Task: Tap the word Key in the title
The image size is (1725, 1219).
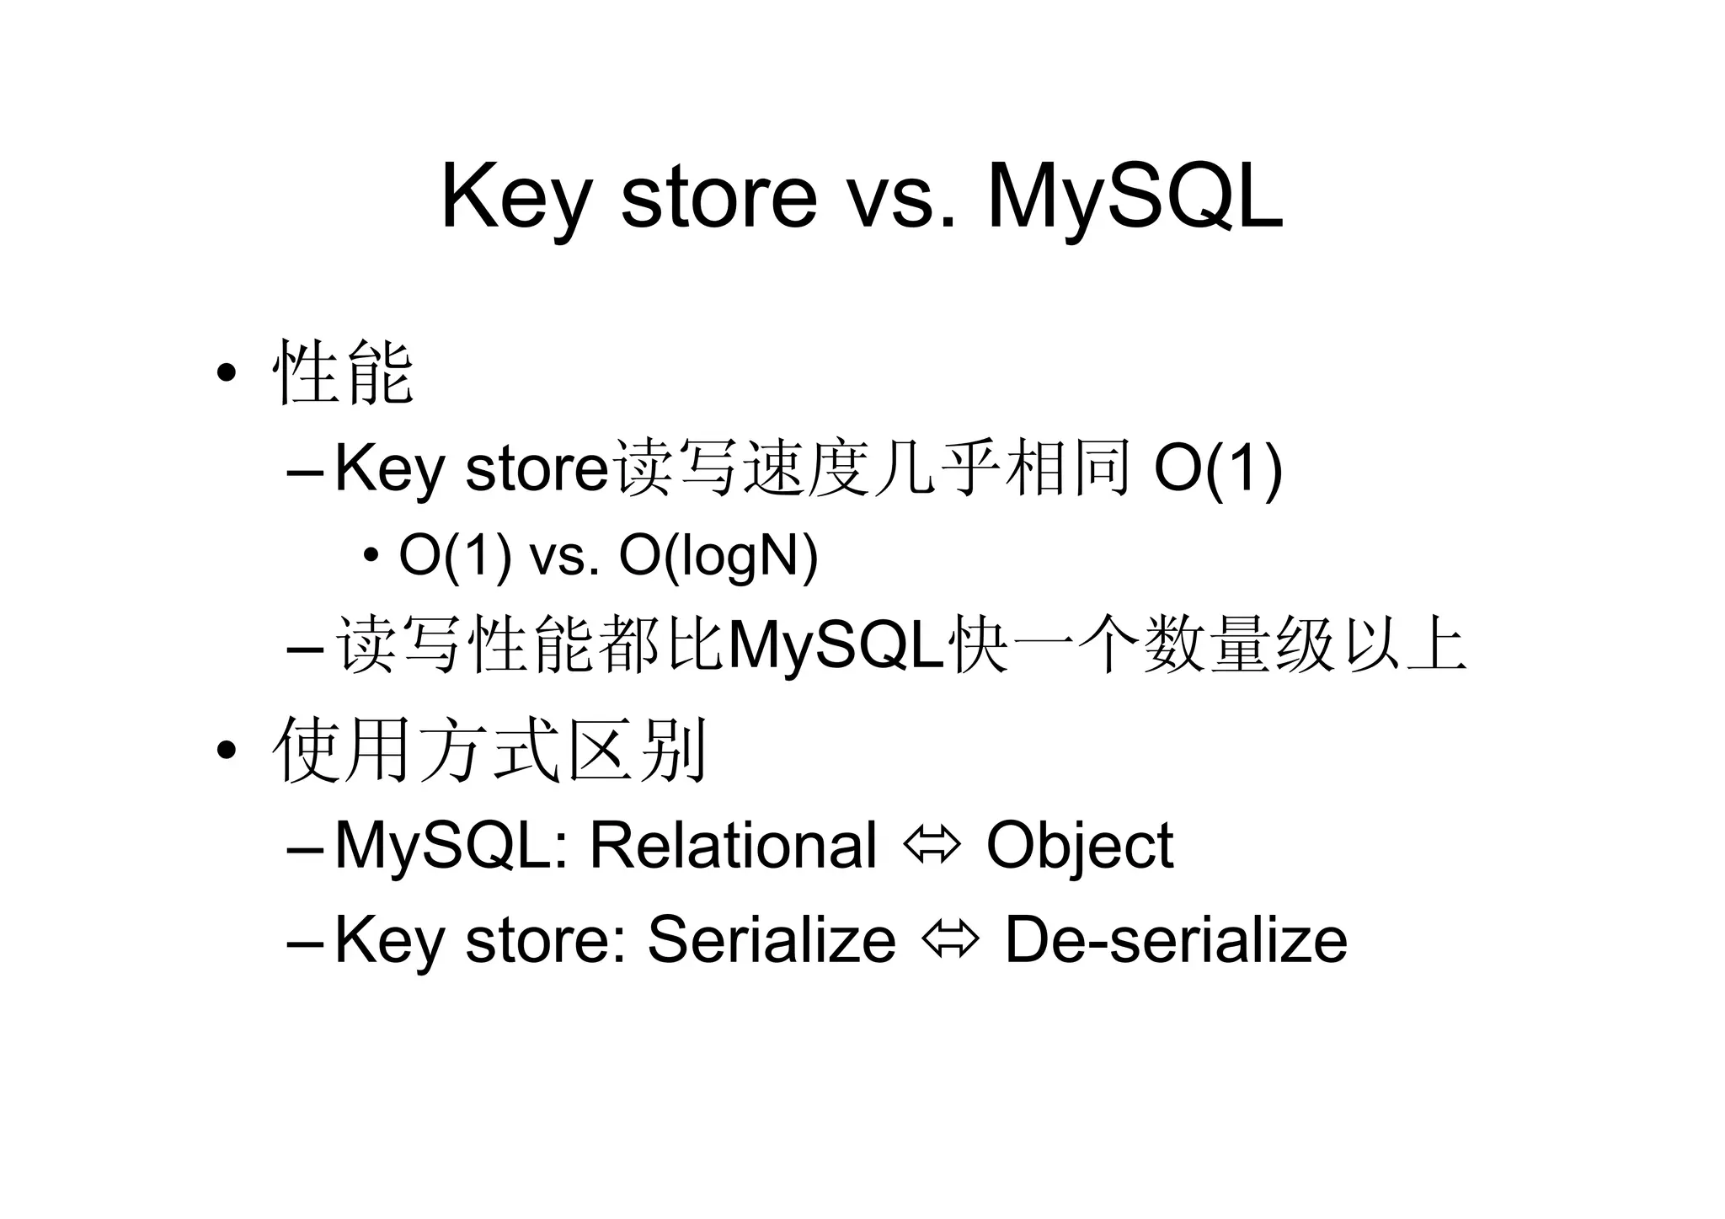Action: tap(515, 197)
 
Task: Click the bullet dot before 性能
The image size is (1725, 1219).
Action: tap(225, 373)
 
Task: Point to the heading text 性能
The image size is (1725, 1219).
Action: tap(343, 373)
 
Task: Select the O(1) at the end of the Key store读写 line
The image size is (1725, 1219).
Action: tap(1217, 469)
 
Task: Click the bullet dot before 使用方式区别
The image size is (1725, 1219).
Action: tap(225, 750)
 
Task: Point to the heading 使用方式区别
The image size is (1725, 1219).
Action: tap(489, 750)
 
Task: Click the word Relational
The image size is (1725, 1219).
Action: tap(733, 845)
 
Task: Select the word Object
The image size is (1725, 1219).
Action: tap(1079, 845)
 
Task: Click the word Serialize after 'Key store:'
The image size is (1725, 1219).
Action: tap(771, 939)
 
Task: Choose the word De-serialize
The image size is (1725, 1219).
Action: tap(1176, 939)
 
